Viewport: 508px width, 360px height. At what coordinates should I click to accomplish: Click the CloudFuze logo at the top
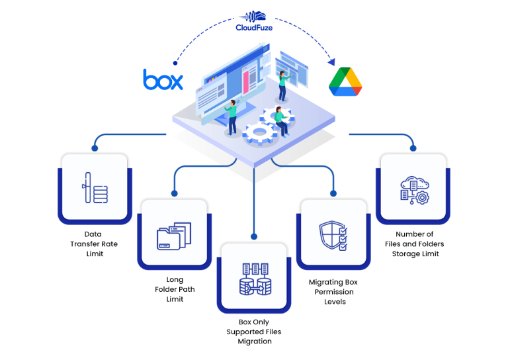(x=254, y=21)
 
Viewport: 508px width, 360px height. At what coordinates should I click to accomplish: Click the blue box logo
(x=163, y=79)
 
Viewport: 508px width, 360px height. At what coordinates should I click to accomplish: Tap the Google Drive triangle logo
(x=345, y=81)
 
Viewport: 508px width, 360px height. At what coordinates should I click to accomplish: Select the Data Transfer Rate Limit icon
(x=94, y=188)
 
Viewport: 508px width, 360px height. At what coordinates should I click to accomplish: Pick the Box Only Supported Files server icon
(x=255, y=279)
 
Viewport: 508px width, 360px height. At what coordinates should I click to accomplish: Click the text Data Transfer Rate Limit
(x=94, y=244)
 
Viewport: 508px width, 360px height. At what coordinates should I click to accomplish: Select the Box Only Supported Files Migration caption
(x=254, y=332)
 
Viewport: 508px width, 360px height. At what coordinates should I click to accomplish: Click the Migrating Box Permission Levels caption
(x=334, y=292)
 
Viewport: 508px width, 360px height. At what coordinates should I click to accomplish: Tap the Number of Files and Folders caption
(x=415, y=244)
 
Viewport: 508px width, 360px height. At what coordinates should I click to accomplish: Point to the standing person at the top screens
(x=283, y=83)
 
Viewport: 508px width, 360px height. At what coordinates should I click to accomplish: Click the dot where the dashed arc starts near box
(x=175, y=64)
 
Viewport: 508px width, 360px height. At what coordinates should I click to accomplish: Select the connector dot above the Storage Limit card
(x=414, y=148)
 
